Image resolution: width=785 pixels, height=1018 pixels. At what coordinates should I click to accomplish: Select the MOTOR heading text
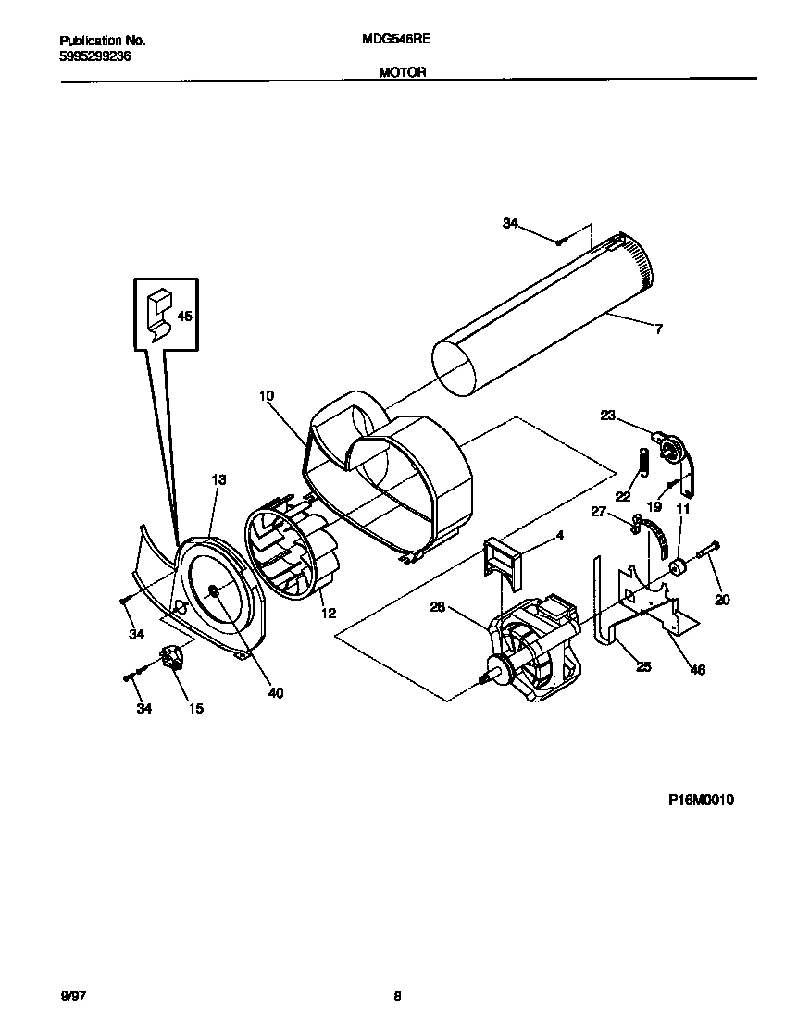point(402,71)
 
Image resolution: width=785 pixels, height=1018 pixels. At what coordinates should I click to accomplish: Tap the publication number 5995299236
point(94,56)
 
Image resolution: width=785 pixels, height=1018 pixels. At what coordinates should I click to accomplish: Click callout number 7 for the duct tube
point(658,329)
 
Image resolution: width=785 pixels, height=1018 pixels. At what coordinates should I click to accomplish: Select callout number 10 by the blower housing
point(267,396)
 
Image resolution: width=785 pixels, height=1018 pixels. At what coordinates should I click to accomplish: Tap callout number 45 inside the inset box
point(184,317)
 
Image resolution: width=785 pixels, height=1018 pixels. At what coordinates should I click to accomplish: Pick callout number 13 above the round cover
point(218,479)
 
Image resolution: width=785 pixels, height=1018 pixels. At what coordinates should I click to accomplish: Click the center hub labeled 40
point(214,591)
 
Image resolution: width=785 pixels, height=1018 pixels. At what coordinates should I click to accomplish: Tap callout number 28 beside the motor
point(438,607)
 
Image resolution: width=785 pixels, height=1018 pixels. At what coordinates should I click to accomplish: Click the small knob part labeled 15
point(170,660)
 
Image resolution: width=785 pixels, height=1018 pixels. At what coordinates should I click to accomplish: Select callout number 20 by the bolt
point(722,600)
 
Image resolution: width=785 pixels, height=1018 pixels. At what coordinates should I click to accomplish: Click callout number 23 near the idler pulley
point(607,416)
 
